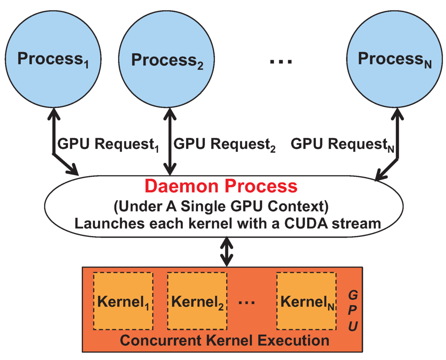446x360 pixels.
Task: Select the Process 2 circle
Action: tap(167, 58)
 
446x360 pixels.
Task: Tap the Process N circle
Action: tap(395, 58)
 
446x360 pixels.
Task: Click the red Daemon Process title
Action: tap(221, 186)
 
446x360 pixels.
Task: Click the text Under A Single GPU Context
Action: tap(221, 206)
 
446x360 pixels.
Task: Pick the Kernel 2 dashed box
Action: tap(197, 301)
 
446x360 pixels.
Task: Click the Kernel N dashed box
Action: tap(307, 301)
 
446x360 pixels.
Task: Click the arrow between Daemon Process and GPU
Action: tap(226, 252)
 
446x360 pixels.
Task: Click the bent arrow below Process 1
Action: tap(57, 148)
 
